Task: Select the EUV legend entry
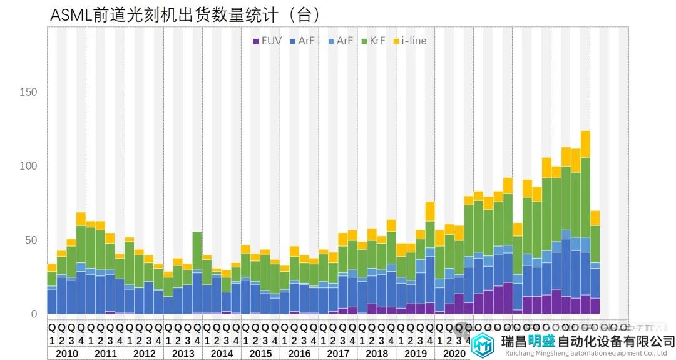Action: (267, 41)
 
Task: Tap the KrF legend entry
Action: (373, 41)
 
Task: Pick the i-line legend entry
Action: (410, 41)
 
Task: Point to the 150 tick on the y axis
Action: (29, 93)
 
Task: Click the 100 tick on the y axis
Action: (29, 167)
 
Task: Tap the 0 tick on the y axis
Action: (34, 314)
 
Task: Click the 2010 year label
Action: (66, 354)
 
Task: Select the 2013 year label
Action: (183, 354)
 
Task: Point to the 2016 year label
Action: (299, 354)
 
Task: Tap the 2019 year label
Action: (416, 354)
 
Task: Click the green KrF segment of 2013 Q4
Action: (197, 251)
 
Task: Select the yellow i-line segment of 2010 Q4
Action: (81, 219)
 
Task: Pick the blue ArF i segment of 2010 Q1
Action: (52, 301)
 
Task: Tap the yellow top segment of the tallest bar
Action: (585, 144)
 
